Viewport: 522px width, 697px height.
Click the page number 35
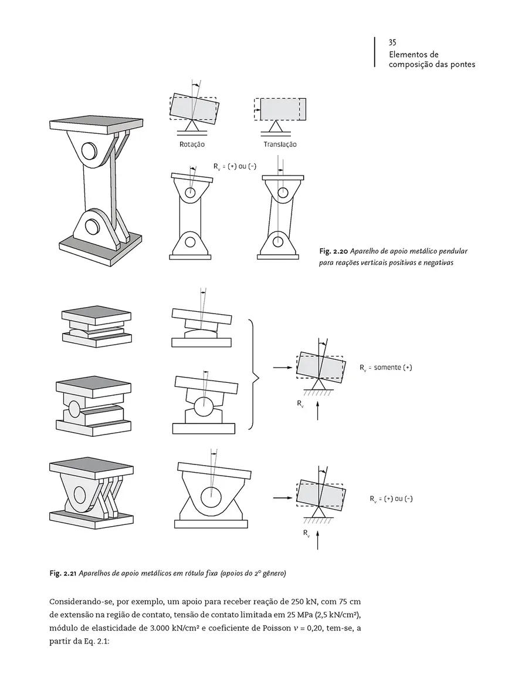392,43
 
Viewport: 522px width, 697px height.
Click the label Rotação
192,144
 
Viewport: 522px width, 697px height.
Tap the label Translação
280,144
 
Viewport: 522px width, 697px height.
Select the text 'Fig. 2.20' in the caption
330,251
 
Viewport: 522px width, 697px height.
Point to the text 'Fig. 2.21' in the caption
63,574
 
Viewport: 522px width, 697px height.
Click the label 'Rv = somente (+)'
386,368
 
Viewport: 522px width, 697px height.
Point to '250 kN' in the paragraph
304,602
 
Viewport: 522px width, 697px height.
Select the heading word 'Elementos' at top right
408,55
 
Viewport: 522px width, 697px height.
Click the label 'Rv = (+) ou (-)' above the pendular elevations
235,167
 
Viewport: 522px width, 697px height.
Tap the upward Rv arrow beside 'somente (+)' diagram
318,410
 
